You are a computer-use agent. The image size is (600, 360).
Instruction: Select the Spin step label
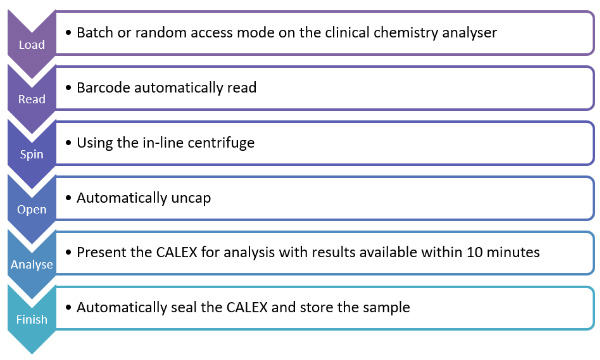(x=31, y=154)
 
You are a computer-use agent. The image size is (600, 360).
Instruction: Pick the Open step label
(x=31, y=209)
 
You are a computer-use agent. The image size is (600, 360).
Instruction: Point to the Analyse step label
(x=31, y=264)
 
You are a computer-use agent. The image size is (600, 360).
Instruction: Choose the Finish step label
(x=31, y=319)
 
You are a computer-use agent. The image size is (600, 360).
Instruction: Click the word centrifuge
(x=220, y=142)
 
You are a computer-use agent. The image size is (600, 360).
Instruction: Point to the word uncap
(x=215, y=197)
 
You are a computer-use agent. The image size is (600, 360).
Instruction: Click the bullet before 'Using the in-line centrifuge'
(x=67, y=142)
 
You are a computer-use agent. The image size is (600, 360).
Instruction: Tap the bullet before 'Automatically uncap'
(x=67, y=197)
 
